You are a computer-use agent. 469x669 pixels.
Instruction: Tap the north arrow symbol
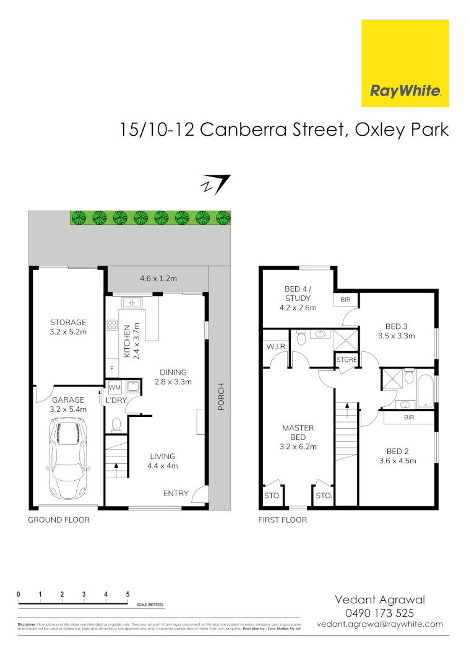point(215,185)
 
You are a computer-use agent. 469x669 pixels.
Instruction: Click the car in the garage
point(69,458)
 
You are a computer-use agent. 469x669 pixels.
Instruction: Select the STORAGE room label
point(68,322)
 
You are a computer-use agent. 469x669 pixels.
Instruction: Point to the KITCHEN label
point(127,340)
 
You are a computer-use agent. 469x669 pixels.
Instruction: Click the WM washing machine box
point(115,388)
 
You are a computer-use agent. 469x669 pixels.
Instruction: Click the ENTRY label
point(176,493)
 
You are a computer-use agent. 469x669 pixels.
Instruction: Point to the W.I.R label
point(275,347)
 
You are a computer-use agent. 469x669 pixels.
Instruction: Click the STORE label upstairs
point(347,360)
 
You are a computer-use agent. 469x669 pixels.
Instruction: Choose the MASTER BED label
point(298,428)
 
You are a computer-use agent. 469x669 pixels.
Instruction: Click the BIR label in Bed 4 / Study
point(345,300)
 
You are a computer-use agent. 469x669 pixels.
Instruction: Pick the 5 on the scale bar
point(127,594)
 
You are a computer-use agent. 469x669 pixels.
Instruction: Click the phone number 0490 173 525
point(380,613)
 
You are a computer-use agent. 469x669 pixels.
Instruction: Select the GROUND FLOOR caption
point(59,520)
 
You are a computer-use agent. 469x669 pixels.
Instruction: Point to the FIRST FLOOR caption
point(283,520)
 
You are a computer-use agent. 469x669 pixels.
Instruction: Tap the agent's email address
point(380,624)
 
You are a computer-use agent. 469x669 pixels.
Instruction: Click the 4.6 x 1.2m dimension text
point(158,279)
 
